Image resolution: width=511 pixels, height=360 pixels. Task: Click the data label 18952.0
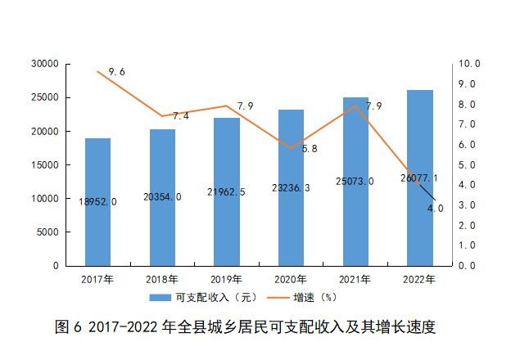coord(97,201)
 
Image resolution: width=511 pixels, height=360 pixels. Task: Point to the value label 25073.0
coord(355,181)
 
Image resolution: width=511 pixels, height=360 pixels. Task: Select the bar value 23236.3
coord(291,187)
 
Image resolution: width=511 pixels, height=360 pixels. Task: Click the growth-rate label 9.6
coord(116,72)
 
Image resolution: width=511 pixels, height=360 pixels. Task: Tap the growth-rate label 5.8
coord(310,149)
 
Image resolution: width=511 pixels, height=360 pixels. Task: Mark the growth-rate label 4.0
coord(436,208)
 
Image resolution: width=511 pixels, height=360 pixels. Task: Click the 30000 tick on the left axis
coord(43,64)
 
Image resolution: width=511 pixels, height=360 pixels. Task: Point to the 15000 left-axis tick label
coord(43,164)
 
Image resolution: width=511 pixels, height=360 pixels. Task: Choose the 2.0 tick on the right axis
coord(467,225)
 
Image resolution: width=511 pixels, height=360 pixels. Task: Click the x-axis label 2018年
coord(162,280)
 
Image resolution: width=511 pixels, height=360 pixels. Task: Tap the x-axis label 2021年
coord(355,280)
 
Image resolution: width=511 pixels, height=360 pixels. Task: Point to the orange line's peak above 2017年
coord(97,72)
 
